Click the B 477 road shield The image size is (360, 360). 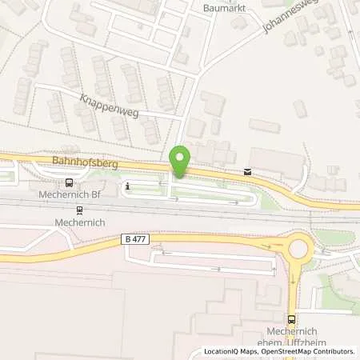tap(137, 239)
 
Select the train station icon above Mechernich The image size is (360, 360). tap(79, 210)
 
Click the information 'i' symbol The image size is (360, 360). tap(127, 186)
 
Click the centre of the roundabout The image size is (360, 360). tap(301, 247)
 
